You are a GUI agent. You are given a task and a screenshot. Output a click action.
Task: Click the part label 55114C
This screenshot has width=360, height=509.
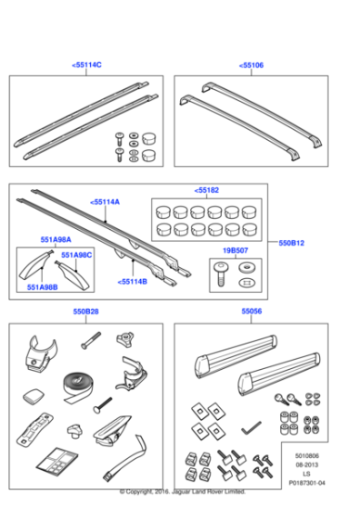coord(86,65)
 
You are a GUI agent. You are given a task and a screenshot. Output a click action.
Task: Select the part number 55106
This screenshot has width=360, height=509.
coord(251,65)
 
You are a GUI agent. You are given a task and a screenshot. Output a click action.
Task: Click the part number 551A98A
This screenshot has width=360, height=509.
coord(55,240)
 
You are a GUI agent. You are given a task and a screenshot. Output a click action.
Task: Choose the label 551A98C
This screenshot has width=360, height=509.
coord(77,255)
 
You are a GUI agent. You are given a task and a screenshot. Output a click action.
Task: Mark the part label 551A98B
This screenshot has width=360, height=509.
coord(42,286)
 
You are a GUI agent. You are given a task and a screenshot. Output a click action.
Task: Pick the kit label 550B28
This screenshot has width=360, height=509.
coord(86,311)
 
